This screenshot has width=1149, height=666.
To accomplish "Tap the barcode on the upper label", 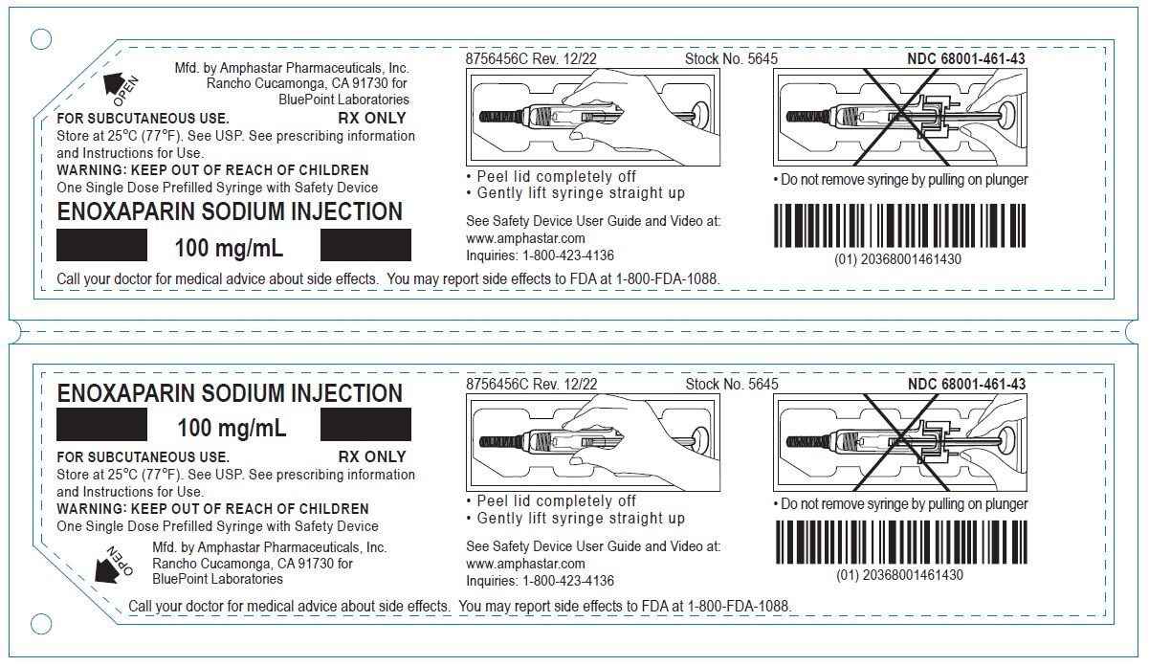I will [x=899, y=225].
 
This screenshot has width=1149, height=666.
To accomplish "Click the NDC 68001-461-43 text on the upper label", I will [x=966, y=59].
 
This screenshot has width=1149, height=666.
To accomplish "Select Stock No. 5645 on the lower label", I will [x=732, y=384].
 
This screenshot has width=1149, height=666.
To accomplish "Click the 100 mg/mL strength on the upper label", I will [x=230, y=249].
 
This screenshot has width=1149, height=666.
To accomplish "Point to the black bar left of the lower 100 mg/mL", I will [x=102, y=424].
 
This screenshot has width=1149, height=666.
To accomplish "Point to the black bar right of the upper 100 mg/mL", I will [x=365, y=245].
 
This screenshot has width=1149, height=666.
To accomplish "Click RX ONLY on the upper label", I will [x=372, y=119].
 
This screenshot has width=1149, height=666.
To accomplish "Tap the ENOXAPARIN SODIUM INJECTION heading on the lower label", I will [x=230, y=393].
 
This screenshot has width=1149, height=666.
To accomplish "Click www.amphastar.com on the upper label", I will [x=525, y=238].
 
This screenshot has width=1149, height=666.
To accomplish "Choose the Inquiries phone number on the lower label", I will [x=568, y=580].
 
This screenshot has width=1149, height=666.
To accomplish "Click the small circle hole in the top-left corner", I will [x=41, y=39].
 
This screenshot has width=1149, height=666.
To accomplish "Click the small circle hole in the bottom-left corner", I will [x=41, y=625].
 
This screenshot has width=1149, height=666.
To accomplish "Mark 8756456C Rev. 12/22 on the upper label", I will [x=531, y=59].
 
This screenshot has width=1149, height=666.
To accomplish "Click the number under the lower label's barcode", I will [x=899, y=575].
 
